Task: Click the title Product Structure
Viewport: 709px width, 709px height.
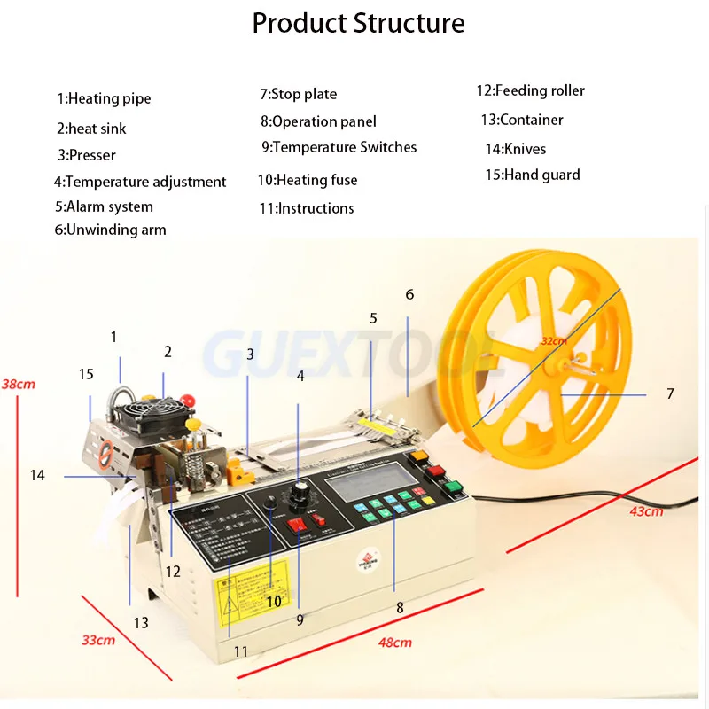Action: [x=358, y=23]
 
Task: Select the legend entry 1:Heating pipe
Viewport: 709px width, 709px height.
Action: [x=105, y=98]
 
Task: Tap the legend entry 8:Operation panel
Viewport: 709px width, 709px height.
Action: [x=318, y=121]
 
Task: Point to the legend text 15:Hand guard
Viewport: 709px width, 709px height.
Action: [x=532, y=175]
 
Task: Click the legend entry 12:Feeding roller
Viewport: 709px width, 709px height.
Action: [x=530, y=90]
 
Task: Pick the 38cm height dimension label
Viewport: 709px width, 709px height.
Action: [x=19, y=384]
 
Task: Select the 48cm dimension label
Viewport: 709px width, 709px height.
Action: [x=394, y=643]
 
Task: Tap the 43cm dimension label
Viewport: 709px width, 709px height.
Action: [x=646, y=511]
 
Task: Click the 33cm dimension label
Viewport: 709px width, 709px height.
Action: [x=98, y=639]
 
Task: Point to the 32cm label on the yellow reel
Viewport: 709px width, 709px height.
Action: [x=553, y=340]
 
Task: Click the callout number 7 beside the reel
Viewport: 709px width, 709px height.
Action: [x=671, y=393]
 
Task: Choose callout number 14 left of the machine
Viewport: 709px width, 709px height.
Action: [x=36, y=476]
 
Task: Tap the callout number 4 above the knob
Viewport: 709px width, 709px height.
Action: [x=300, y=376]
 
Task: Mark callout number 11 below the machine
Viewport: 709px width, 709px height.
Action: [x=240, y=651]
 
